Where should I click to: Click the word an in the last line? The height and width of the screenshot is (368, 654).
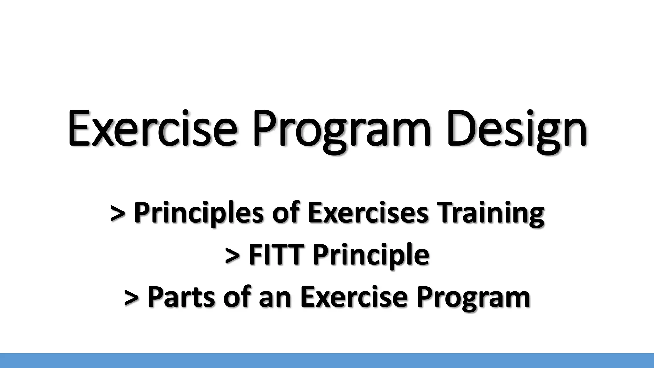coord(275,297)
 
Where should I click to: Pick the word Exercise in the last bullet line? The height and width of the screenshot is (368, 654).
coord(354,297)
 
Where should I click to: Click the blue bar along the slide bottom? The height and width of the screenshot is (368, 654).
coord(327,361)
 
